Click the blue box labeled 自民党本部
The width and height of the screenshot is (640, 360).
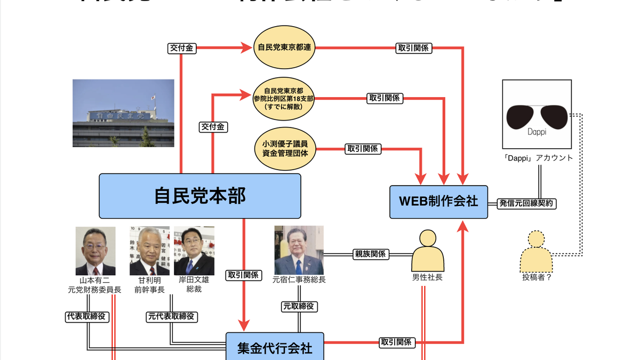(x=200, y=196)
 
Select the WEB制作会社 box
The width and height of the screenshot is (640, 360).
(x=438, y=202)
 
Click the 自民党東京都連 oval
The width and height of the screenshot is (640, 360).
(x=285, y=47)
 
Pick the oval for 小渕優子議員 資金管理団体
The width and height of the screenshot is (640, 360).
(x=285, y=148)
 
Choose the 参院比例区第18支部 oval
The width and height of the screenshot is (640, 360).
(x=285, y=98)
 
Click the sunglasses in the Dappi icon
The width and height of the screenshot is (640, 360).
(x=537, y=116)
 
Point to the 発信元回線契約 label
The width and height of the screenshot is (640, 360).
(x=526, y=203)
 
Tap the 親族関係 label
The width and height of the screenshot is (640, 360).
(x=370, y=254)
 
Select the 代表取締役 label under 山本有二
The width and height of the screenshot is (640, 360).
(x=87, y=316)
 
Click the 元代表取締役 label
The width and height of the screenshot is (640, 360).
(x=171, y=316)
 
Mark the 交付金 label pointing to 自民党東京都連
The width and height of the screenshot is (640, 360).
(x=181, y=48)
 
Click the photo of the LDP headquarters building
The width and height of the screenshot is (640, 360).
(x=123, y=113)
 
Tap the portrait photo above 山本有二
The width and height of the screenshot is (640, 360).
(x=95, y=251)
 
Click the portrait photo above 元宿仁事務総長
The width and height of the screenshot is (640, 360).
(x=299, y=250)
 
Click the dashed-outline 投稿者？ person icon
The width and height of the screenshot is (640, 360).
(x=537, y=252)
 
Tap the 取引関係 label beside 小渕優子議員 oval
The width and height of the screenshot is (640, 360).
(x=362, y=149)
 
